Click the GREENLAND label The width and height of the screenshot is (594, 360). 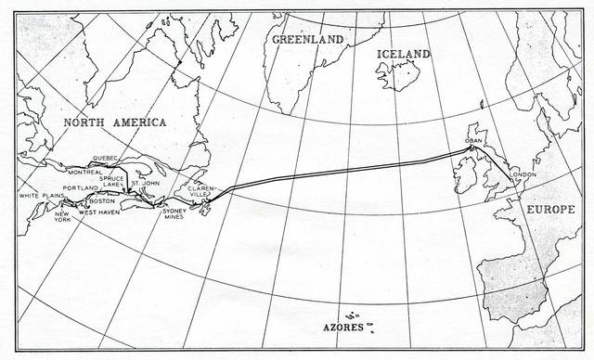pos(307,39)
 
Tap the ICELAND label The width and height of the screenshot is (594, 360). pos(403,55)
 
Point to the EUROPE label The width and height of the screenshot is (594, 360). pos(551,211)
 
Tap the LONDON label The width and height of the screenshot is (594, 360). pos(524,175)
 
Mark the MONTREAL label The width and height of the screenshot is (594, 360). pos(84,172)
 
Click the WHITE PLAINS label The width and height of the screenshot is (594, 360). pos(41,196)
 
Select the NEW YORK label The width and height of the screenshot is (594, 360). pos(62,214)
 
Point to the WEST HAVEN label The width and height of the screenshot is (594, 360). pos(98,212)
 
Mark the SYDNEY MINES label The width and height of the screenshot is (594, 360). pos(174,215)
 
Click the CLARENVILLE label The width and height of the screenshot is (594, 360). pos(202,191)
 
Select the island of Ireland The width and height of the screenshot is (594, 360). pos(464,174)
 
